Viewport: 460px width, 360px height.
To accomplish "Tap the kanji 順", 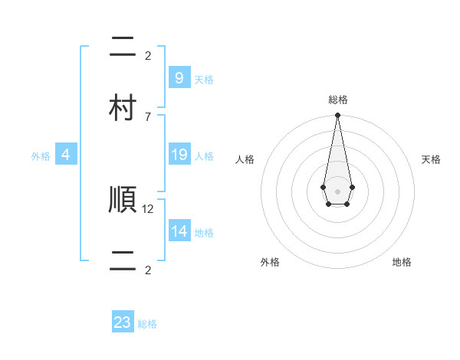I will coord(123,201).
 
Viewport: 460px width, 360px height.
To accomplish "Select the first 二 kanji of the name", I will coord(123,48).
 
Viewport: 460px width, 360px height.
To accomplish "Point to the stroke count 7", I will coord(148,116).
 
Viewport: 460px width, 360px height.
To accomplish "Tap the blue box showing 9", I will coord(179,77).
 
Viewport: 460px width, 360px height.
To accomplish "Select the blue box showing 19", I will coord(179,155).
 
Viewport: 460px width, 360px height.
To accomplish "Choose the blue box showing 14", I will coord(179,231).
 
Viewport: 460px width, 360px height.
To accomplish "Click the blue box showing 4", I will coord(66,155).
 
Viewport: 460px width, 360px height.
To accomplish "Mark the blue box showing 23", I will coord(123,322).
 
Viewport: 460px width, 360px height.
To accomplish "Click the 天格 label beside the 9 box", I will coord(204,79).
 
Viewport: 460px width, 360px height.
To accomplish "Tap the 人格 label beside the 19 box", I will coord(204,156).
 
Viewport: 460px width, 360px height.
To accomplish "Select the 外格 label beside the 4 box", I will coord(41,156).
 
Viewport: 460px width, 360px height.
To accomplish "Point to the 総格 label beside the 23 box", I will coord(147,324).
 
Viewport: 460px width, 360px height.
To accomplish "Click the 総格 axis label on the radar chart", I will coord(337,100).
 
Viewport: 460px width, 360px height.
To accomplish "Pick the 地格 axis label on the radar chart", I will coord(402,262).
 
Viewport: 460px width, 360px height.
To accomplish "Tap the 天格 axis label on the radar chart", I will coord(431,159).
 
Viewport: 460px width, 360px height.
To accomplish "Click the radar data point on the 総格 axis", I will coord(337,116).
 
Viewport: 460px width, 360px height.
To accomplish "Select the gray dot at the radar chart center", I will coord(337,191).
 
